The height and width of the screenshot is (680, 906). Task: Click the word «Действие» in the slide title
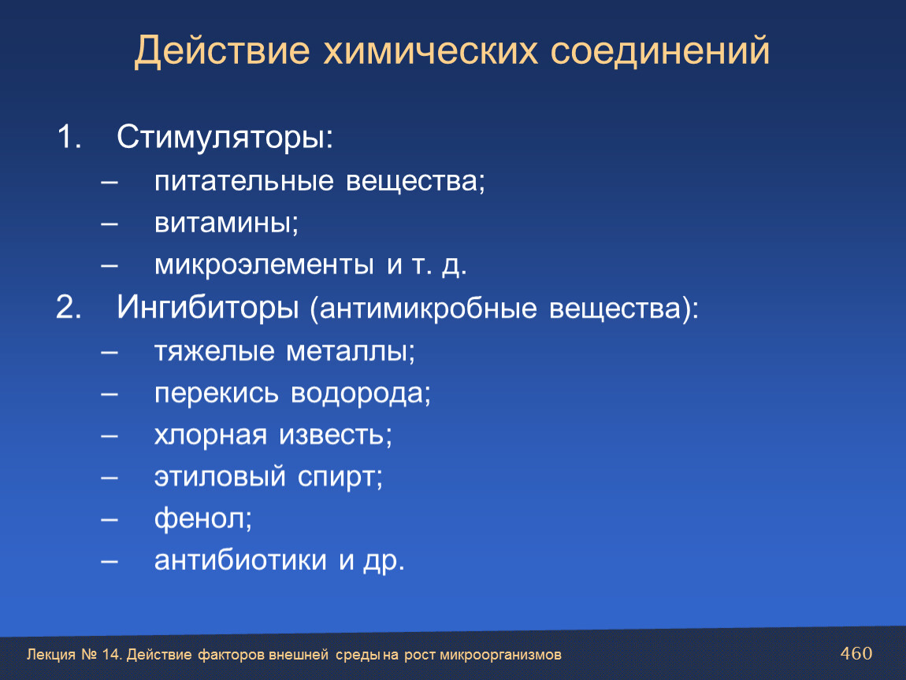coord(222,51)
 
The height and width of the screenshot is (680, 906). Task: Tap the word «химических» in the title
coord(430,51)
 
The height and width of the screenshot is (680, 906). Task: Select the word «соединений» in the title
coord(660,51)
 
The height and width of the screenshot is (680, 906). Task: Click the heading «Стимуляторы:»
coord(225,138)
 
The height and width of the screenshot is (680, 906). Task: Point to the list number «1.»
coord(69,138)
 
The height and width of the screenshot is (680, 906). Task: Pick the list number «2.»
coord(69,306)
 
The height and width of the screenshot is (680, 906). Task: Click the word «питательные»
coord(244,181)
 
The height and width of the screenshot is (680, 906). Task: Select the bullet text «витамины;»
coord(227,224)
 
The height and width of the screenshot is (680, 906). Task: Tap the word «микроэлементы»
coord(264,265)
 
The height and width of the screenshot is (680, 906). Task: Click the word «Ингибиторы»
coord(208,307)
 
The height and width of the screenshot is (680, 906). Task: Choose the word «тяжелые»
coord(214,351)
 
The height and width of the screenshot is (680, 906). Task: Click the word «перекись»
coord(217,394)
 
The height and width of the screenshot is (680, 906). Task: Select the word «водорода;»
coord(361,393)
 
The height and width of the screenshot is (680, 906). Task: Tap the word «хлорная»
coord(211,435)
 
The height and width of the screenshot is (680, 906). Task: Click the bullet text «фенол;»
coord(203,518)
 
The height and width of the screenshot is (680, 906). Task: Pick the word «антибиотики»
coord(240,560)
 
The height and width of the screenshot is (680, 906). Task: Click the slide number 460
coord(856,653)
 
